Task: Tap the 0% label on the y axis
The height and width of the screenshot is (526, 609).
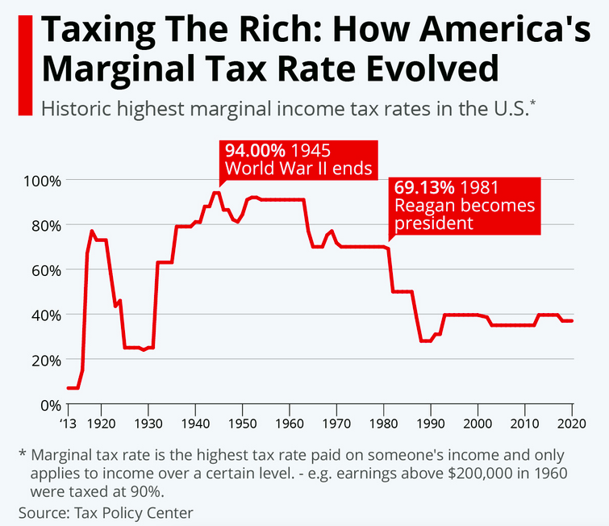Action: [51, 404]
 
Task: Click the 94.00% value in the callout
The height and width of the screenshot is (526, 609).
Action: [254, 151]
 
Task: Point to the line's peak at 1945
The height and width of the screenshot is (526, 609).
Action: [216, 192]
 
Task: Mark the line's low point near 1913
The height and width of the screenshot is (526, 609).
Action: [73, 388]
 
